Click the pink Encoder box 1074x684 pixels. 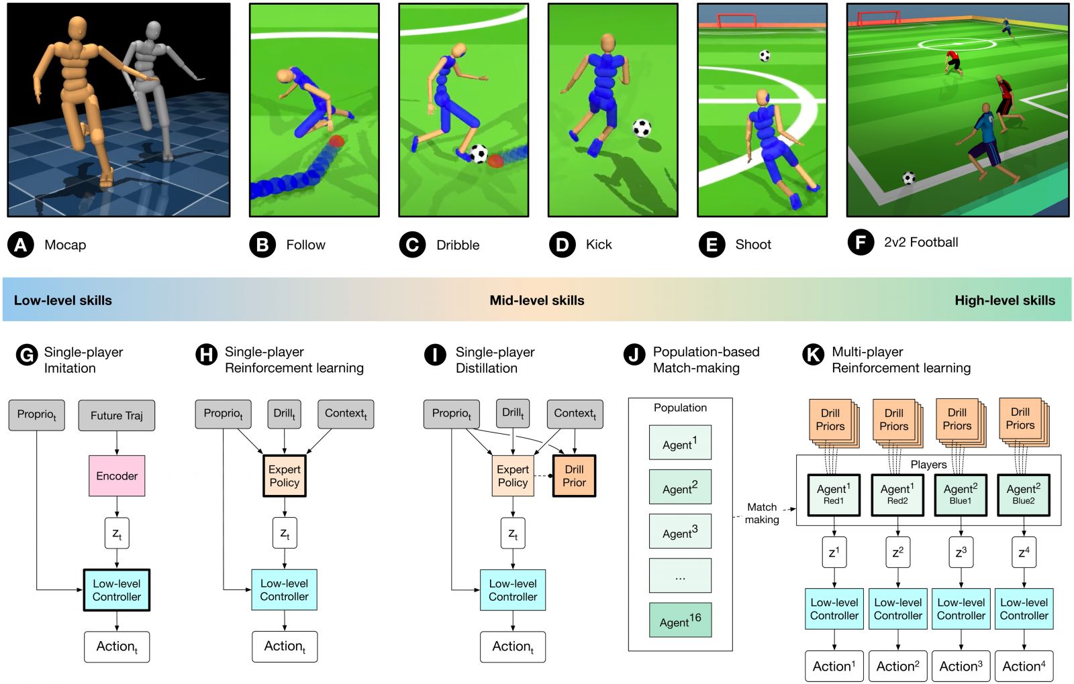pyautogui.click(x=117, y=476)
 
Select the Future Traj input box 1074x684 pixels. pyautogui.click(x=117, y=415)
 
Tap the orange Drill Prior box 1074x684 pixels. pyautogui.click(x=574, y=476)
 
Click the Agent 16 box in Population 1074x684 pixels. pyautogui.click(x=680, y=620)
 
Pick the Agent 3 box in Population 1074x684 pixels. pyautogui.click(x=680, y=532)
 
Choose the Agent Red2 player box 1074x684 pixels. pyautogui.click(x=897, y=495)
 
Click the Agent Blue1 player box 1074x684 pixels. pyautogui.click(x=961, y=495)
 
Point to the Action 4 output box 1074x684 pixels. pyautogui.click(x=1024, y=666)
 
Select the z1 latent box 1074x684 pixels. pyautogui.click(x=834, y=553)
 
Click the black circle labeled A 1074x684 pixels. pyautogui.click(x=21, y=245)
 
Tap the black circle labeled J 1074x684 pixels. pyautogui.click(x=634, y=353)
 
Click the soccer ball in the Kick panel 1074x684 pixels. pyautogui.click(x=642, y=127)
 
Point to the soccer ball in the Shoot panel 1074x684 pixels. pyautogui.click(x=765, y=56)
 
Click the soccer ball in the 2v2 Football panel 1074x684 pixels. pyautogui.click(x=909, y=178)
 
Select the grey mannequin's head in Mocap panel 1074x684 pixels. pyautogui.click(x=154, y=30)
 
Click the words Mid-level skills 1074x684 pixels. pyautogui.click(x=537, y=300)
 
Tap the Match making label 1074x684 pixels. pyautogui.click(x=762, y=513)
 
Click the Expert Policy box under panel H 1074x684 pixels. pyautogui.click(x=285, y=476)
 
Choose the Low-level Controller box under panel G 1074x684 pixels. pyautogui.click(x=117, y=590)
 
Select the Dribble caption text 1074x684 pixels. pyautogui.click(x=458, y=245)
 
